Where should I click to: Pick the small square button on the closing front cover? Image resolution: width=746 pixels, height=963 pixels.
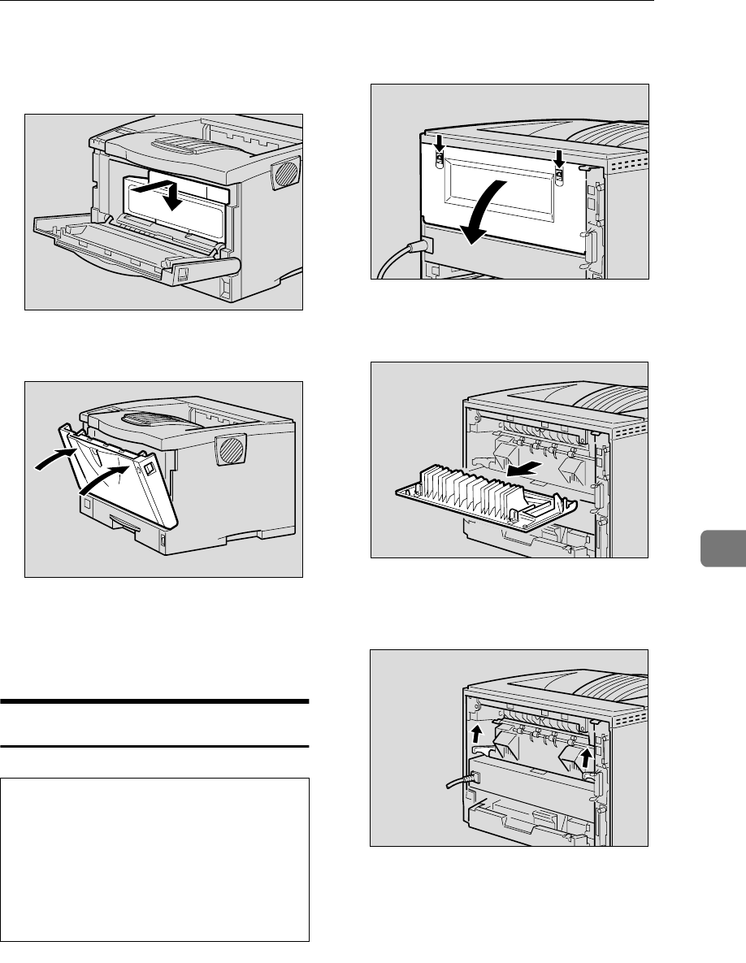[151, 467]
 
